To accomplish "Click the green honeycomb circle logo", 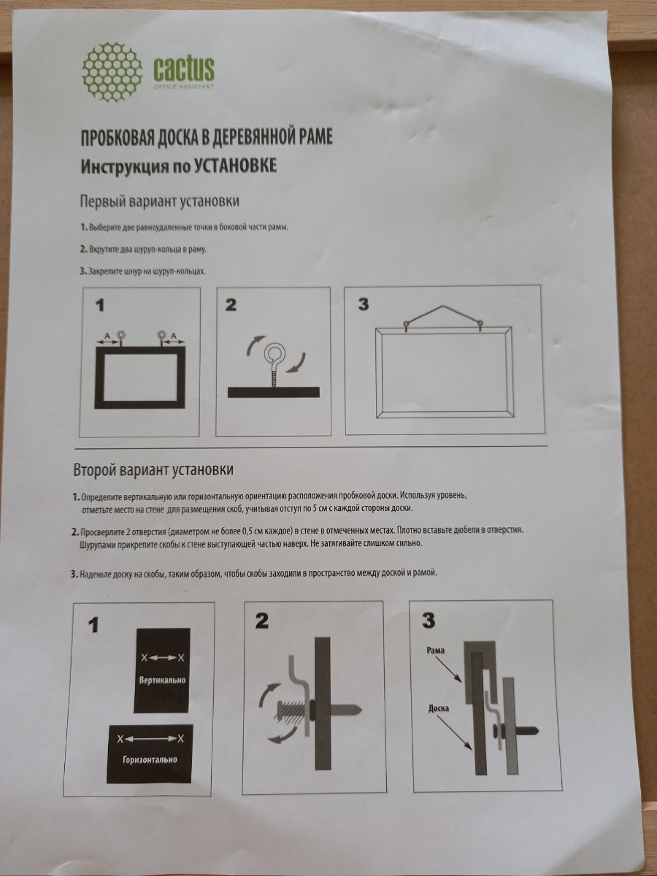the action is coord(112,72).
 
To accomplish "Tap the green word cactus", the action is coord(184,69).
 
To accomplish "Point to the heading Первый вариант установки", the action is coord(160,201).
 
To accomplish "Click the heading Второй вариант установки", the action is coord(153,469).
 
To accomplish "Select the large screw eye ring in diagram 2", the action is coord(274,351).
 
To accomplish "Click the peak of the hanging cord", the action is coord(442,307).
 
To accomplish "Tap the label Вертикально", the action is coord(162,680).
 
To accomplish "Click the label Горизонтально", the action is coord(150,758).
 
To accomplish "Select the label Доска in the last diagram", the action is coord(439,709).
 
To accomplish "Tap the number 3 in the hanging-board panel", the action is coord(363,304).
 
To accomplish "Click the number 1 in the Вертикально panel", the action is coord(93,626).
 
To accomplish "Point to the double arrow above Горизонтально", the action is coord(150,739).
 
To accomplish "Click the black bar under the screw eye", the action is coord(274,392).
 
